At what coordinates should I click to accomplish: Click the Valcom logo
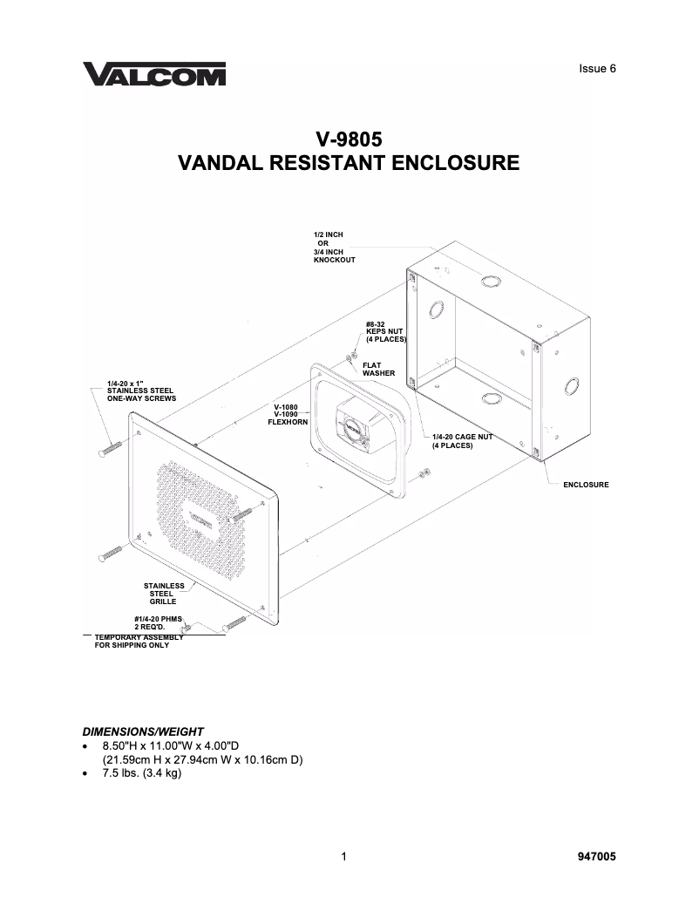[154, 74]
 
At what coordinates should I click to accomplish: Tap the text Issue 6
[597, 69]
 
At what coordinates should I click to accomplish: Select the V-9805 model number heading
[349, 139]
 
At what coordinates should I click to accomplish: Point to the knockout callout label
[334, 248]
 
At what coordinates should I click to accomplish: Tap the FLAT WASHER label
[378, 370]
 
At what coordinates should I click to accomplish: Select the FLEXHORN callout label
[286, 414]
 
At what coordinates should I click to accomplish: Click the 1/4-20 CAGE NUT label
[464, 441]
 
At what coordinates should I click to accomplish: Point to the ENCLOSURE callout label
[586, 484]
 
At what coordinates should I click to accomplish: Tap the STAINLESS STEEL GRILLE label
[164, 594]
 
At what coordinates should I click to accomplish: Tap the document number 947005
[597, 857]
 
